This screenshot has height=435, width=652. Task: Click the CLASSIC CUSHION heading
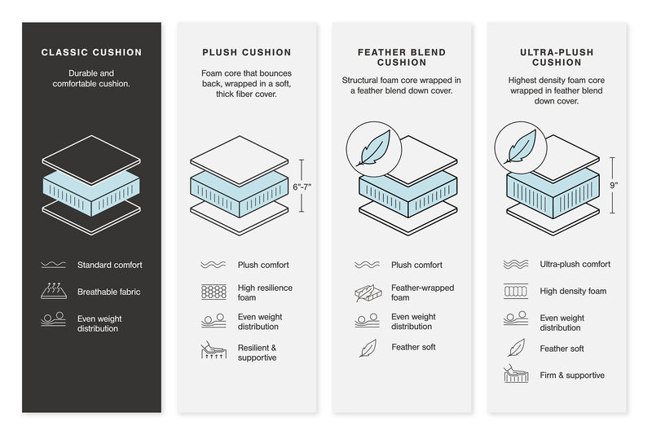[91, 53]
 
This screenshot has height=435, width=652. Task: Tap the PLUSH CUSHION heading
[245, 53]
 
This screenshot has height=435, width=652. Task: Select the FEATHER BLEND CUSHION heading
[402, 57]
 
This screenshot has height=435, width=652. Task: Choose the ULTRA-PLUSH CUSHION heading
[557, 57]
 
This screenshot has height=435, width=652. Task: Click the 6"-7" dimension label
[301, 187]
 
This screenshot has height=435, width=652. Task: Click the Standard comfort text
[110, 265]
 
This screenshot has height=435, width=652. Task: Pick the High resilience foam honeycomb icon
[213, 292]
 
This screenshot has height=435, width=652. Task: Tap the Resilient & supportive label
[258, 353]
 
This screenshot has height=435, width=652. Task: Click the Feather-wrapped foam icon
[367, 292]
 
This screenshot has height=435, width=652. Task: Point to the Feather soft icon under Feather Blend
[367, 348]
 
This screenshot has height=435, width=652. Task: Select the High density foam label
[573, 291]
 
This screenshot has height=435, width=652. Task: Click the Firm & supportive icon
[517, 376]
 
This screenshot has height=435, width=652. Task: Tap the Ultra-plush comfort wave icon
[517, 265]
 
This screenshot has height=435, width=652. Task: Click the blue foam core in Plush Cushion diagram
[239, 194]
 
